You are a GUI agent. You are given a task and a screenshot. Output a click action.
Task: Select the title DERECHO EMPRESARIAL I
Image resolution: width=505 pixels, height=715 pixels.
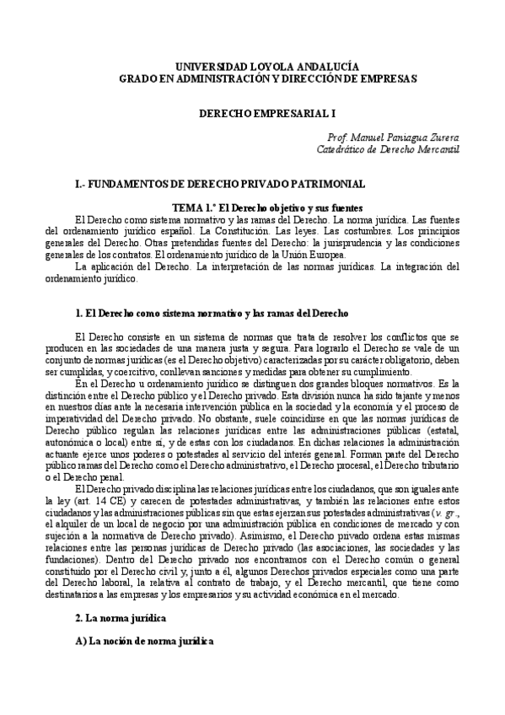252,111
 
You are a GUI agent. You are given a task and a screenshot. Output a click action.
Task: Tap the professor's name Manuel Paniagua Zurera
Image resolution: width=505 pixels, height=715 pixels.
406,137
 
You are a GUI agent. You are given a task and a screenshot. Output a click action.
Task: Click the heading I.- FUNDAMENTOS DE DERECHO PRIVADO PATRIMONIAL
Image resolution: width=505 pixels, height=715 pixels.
220,183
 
